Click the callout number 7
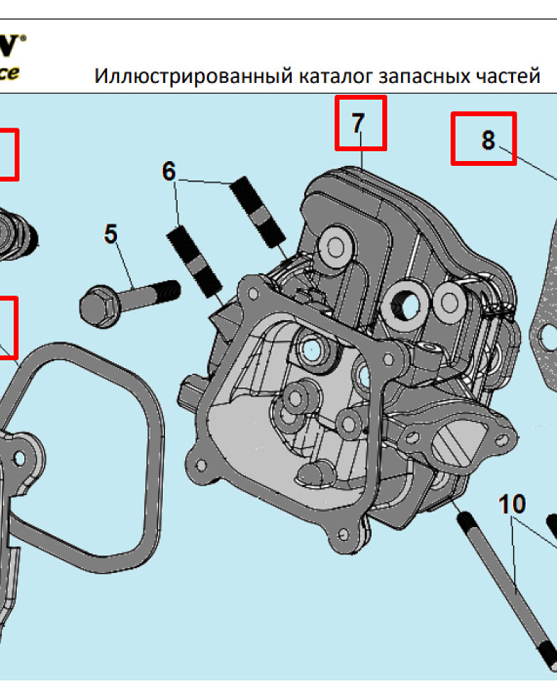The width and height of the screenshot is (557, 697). [x=357, y=123]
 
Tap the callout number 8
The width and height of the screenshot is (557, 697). [x=488, y=139]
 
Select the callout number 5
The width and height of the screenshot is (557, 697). [x=111, y=233]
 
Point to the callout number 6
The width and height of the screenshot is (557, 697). [x=169, y=171]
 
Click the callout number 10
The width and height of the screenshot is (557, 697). [x=512, y=503]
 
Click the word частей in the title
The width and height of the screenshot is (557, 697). [x=506, y=75]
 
